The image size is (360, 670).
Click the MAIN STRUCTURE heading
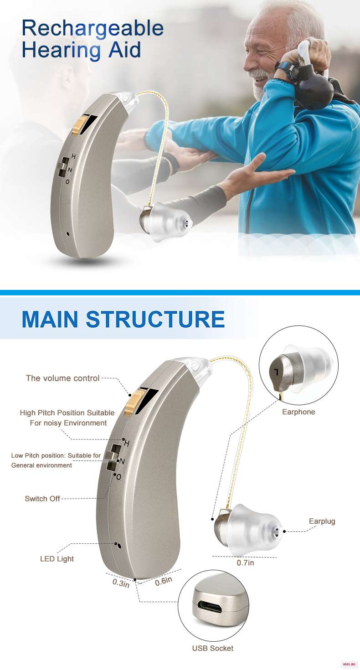(x=123, y=319)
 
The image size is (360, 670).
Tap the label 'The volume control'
(x=63, y=378)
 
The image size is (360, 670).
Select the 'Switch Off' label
(x=42, y=499)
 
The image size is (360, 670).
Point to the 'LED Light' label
(x=57, y=559)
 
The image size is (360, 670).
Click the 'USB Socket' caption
(x=213, y=648)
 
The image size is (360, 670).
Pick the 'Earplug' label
(x=322, y=521)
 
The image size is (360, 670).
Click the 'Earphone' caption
(x=298, y=412)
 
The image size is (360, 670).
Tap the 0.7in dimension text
(x=246, y=562)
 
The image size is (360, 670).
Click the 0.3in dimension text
(x=121, y=583)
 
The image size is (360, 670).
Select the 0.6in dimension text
(x=164, y=581)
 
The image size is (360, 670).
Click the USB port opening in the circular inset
(x=211, y=608)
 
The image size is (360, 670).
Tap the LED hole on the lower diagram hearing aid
(x=119, y=546)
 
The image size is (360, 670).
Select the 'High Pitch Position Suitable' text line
(x=67, y=413)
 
